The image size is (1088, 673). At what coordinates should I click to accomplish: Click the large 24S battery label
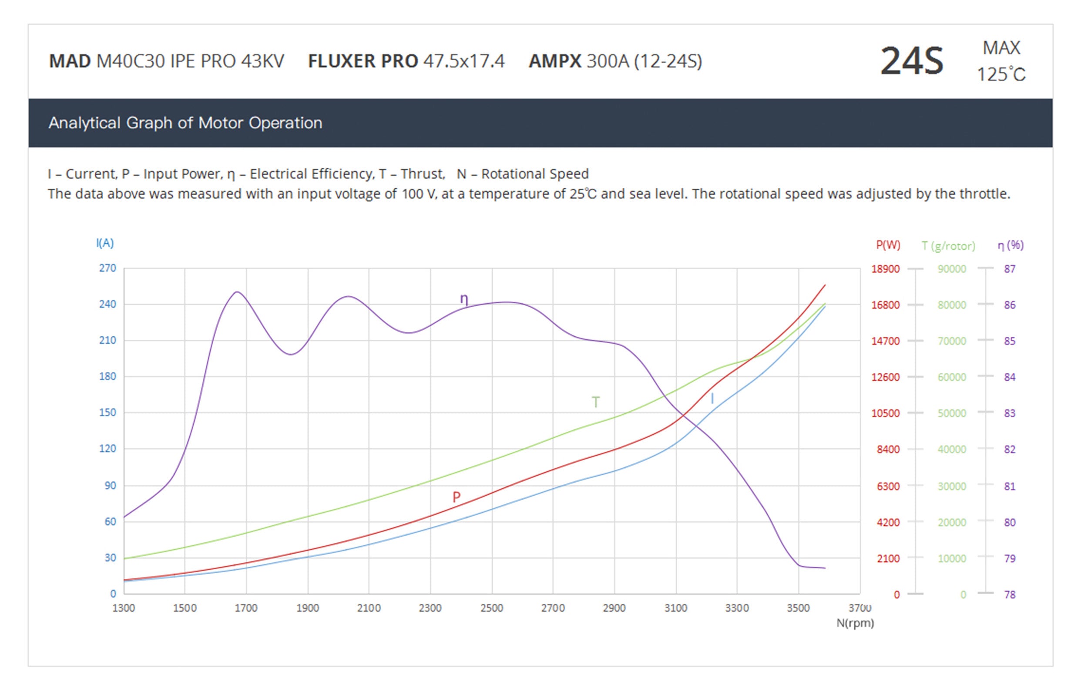911,61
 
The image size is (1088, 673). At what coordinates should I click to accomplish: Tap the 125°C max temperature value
1001,74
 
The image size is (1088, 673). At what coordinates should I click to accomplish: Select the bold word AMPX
554,61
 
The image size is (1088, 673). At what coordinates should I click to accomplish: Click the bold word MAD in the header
70,61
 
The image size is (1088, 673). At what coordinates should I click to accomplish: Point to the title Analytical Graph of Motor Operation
185,123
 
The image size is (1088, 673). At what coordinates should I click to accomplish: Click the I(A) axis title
105,243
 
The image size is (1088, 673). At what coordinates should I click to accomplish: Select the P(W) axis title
888,245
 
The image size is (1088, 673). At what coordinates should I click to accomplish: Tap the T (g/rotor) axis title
948,246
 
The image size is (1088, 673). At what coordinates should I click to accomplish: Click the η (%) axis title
1010,245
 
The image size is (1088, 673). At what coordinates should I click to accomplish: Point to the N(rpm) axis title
855,623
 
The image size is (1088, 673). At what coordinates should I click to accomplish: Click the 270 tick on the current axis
107,268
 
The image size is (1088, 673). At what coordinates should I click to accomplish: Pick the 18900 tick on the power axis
885,269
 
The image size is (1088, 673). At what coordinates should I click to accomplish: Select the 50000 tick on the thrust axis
952,413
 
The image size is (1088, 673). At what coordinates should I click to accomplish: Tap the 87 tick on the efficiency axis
1010,269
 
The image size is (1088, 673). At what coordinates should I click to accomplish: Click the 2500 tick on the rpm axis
491,608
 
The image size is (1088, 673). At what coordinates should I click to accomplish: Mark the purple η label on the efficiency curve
464,299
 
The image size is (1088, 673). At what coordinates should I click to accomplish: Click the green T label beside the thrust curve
595,402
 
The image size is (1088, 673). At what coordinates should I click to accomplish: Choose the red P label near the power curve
456,497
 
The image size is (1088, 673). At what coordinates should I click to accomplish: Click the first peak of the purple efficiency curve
237,292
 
